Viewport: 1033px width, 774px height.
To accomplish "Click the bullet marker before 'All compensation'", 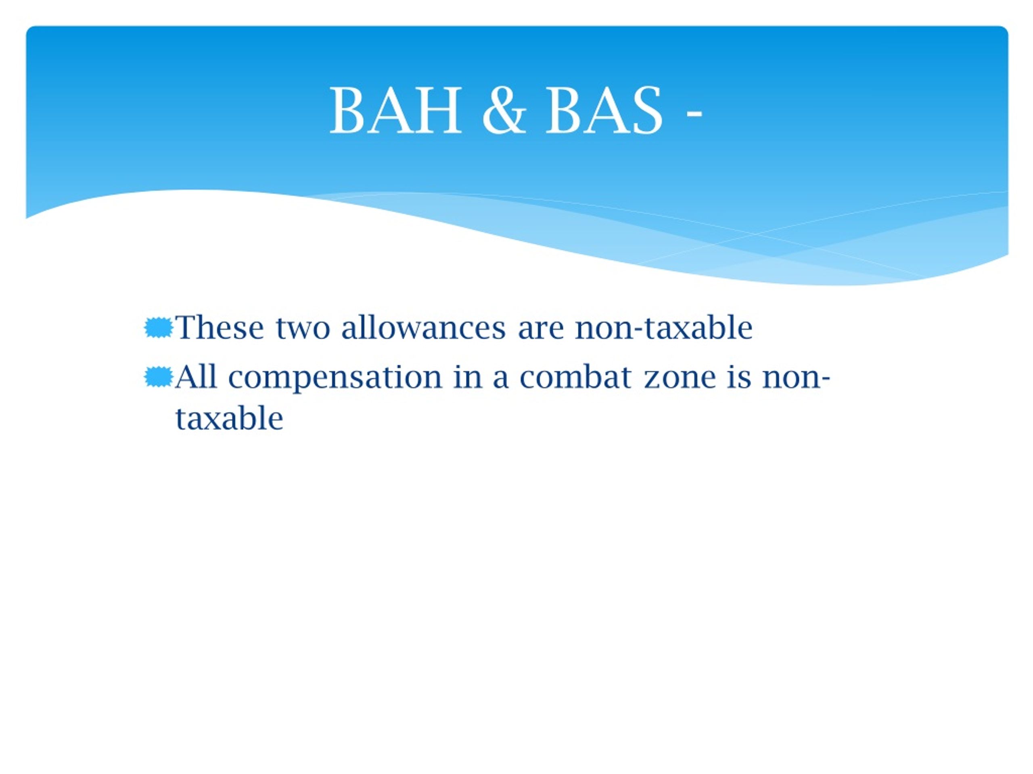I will click(x=159, y=377).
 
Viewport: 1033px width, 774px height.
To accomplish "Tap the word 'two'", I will click(x=303, y=329).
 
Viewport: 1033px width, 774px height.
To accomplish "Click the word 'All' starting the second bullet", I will click(x=196, y=377).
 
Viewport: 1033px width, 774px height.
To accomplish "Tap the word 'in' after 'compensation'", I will click(x=468, y=377).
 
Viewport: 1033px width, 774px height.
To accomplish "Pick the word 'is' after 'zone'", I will click(x=739, y=377).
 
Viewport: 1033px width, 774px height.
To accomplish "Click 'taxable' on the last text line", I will click(x=229, y=418).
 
